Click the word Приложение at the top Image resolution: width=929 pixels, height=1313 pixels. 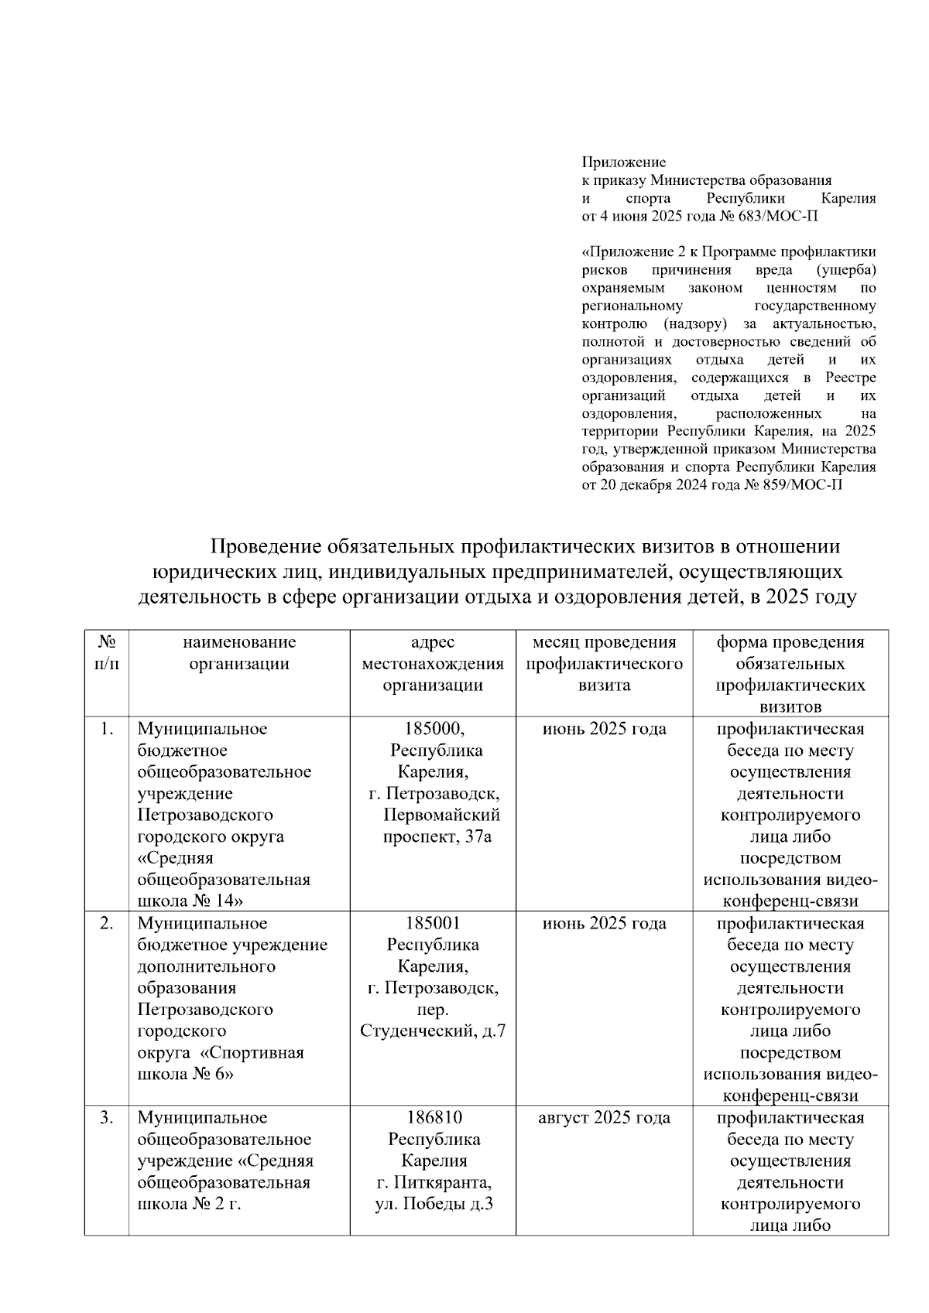(623, 162)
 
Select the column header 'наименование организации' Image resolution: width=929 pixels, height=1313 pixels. (239, 652)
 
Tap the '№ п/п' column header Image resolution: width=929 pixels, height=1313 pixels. (107, 652)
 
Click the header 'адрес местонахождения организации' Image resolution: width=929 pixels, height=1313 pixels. (433, 663)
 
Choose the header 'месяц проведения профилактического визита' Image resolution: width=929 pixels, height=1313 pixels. (604, 663)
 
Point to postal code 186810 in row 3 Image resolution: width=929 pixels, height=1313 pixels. (434, 1117)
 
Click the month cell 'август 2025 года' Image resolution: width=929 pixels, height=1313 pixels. (604, 1117)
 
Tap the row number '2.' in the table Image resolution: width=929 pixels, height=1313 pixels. (107, 923)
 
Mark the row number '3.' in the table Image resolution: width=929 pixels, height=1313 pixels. (107, 1117)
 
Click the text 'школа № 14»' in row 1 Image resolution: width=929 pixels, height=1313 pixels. (190, 901)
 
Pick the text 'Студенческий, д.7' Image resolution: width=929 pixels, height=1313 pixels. (433, 1031)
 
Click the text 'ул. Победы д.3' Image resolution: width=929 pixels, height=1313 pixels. (434, 1204)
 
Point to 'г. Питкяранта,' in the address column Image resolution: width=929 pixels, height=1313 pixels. (434, 1182)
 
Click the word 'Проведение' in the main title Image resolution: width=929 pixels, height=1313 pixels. (266, 547)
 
